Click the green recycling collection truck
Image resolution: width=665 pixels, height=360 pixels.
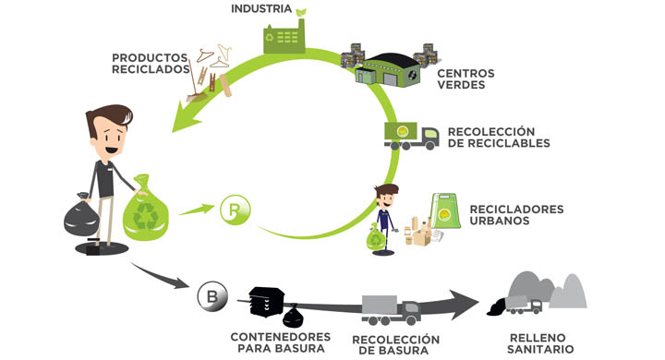[x=410, y=137]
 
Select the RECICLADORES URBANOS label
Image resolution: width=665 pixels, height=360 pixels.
[x=516, y=214]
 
